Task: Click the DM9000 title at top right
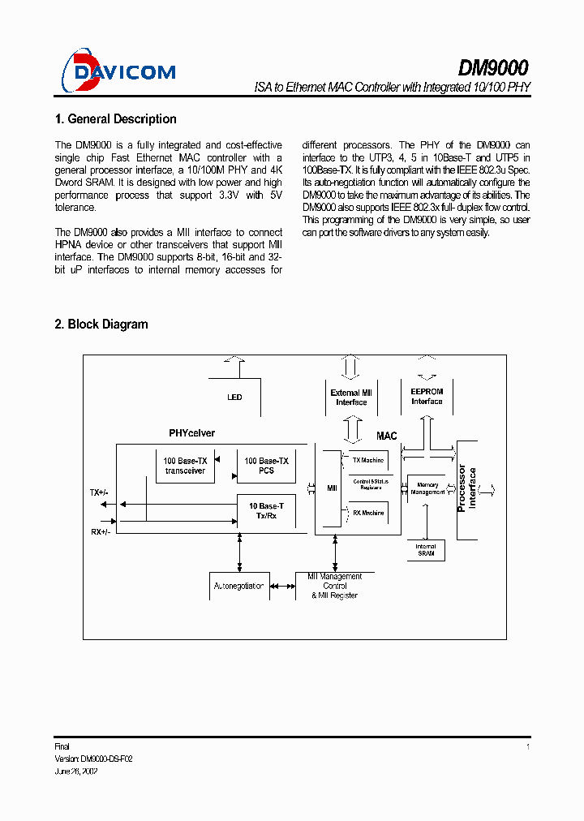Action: (x=494, y=67)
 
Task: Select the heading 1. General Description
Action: (x=115, y=119)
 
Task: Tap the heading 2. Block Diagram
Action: (x=101, y=325)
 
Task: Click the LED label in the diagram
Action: (x=234, y=398)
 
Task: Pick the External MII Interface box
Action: (x=351, y=398)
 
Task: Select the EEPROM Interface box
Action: (x=427, y=397)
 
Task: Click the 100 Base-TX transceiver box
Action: (x=185, y=466)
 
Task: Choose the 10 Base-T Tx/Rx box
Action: (x=266, y=511)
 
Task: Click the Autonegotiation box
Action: (x=238, y=586)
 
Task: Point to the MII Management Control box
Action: (x=335, y=586)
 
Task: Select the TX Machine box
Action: (x=367, y=461)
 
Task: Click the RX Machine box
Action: (x=367, y=513)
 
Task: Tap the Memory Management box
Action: (x=427, y=488)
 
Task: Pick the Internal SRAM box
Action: (x=426, y=551)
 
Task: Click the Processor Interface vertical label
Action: (x=467, y=489)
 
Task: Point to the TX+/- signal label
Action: (x=99, y=492)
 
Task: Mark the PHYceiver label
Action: (x=192, y=433)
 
